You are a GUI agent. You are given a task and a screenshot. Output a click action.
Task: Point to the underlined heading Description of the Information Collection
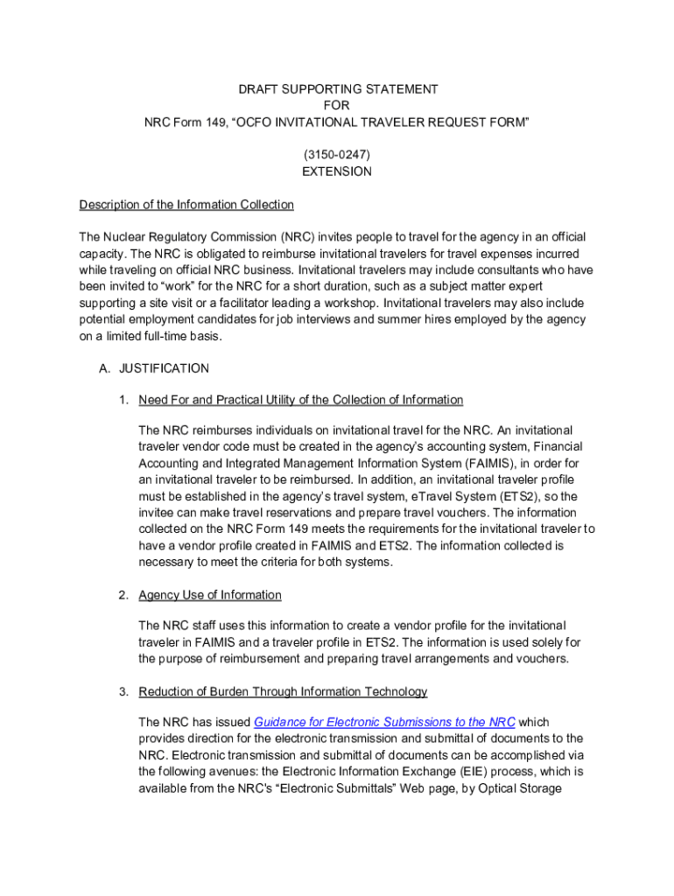click(186, 205)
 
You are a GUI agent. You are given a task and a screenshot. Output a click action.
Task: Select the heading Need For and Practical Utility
click(300, 400)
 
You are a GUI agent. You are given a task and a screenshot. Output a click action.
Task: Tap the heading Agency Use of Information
click(210, 595)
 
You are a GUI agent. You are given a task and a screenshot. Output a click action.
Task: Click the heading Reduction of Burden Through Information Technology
click(283, 691)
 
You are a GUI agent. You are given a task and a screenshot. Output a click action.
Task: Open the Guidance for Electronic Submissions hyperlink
click(384, 722)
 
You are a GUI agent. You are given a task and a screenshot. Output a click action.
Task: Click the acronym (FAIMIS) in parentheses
click(486, 463)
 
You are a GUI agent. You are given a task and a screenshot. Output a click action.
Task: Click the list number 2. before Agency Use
click(125, 595)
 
